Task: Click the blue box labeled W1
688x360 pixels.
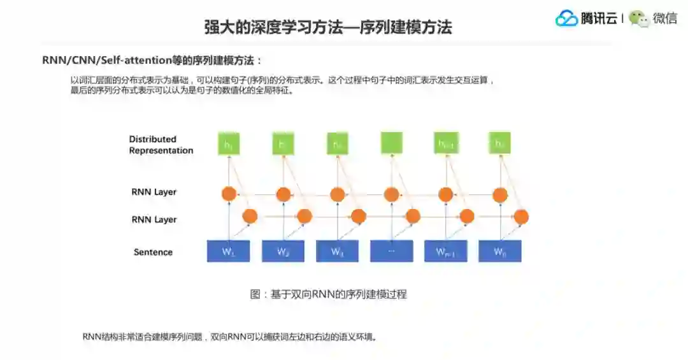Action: coord(228,251)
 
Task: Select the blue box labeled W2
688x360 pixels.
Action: coord(283,251)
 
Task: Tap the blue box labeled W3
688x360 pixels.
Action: coord(337,251)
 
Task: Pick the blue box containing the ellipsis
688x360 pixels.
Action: coord(391,251)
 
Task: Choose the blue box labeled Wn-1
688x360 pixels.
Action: coord(445,251)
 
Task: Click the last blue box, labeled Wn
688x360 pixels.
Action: coord(500,251)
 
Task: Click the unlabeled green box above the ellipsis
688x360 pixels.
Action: coord(391,143)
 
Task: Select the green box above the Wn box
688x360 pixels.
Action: coord(500,143)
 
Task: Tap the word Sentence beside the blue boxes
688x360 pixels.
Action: coord(153,252)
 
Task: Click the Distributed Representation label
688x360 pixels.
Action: coord(161,145)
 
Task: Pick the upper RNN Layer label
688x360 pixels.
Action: coord(154,192)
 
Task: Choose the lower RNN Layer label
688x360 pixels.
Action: coord(154,220)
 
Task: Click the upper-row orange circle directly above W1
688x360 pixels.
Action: coord(228,194)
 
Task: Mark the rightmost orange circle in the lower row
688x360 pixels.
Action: coord(521,217)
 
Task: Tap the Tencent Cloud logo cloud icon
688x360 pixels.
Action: coord(566,18)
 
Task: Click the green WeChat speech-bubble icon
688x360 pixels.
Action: coord(638,18)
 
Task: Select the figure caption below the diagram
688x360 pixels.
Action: coord(328,294)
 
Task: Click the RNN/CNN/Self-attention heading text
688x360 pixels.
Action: coord(152,61)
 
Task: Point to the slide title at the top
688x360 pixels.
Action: coord(327,27)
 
